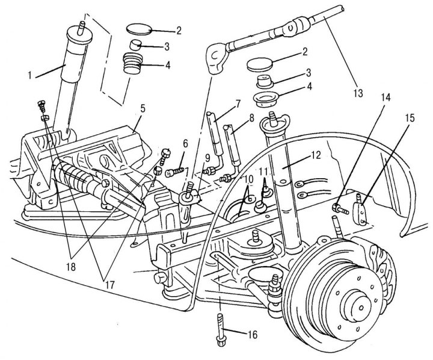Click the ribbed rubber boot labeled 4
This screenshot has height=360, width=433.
click(x=132, y=64)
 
